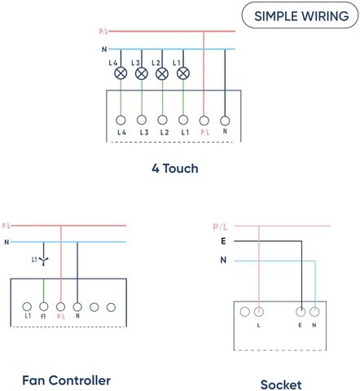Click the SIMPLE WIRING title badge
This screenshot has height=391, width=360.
[300, 15]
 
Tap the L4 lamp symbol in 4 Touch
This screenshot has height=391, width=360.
[121, 73]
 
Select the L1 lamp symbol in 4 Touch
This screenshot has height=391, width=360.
[183, 73]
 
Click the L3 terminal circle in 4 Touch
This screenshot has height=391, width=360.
[142, 120]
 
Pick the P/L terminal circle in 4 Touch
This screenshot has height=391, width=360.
[204, 121]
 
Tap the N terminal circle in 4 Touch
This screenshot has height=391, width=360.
[225, 121]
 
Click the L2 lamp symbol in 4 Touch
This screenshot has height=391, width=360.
[162, 74]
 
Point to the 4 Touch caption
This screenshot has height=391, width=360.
[175, 169]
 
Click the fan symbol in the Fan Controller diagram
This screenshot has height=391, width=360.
[43, 261]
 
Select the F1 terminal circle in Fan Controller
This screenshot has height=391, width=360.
[44, 306]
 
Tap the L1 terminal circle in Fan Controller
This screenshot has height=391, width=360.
[27, 306]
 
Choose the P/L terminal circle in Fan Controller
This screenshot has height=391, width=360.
[60, 307]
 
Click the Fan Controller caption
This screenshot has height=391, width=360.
[67, 380]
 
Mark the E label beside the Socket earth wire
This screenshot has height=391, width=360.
[223, 241]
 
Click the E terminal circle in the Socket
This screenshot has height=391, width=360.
[301, 312]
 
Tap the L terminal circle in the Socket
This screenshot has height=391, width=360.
[259, 312]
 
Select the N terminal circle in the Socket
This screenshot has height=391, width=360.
[314, 312]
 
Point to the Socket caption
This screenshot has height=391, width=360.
[281, 384]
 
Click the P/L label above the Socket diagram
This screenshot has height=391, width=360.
[220, 226]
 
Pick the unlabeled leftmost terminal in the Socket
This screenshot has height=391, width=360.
[244, 312]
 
